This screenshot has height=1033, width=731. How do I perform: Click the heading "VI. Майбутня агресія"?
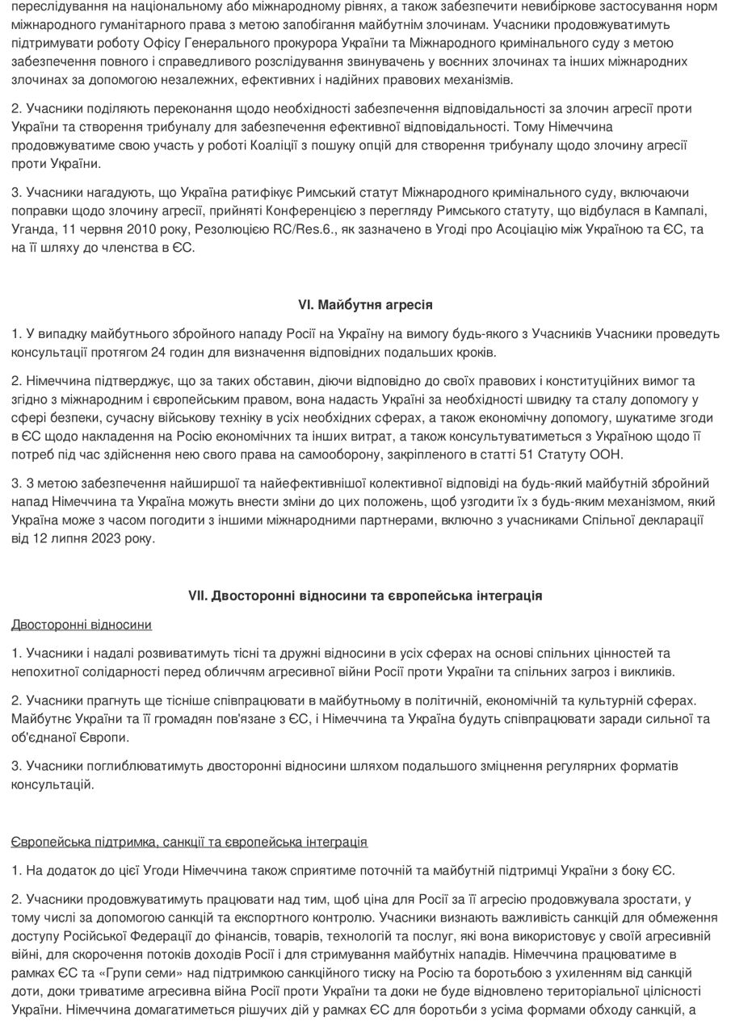365,305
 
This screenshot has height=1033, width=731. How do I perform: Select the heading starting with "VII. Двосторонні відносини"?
365,596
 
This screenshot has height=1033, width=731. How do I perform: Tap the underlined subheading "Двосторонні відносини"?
82,625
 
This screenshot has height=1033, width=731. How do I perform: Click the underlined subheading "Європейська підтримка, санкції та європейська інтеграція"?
189,842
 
